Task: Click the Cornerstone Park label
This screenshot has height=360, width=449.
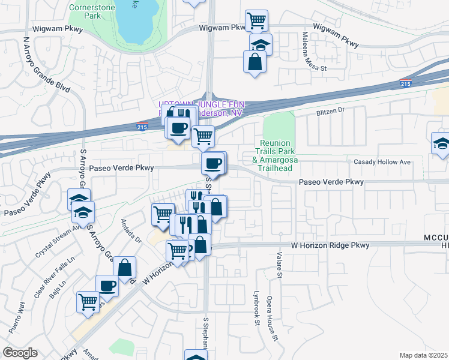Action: point(85,11)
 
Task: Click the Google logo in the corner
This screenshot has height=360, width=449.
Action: point(20,353)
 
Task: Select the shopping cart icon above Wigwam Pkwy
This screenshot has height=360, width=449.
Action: point(256,20)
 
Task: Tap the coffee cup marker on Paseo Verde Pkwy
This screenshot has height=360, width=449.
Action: point(214,163)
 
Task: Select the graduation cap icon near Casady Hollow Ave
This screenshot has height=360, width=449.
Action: point(440,143)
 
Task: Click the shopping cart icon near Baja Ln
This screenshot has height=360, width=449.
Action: point(88,301)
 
